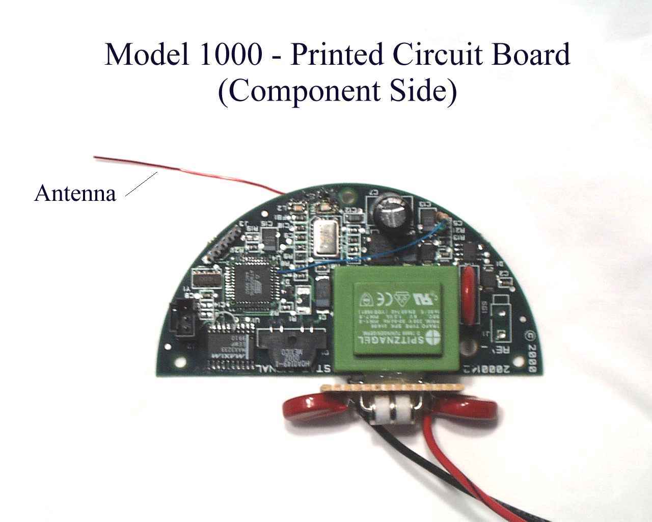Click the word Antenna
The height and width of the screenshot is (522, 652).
pyautogui.click(x=75, y=194)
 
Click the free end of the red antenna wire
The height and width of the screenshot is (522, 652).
pyautogui.click(x=96, y=157)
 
